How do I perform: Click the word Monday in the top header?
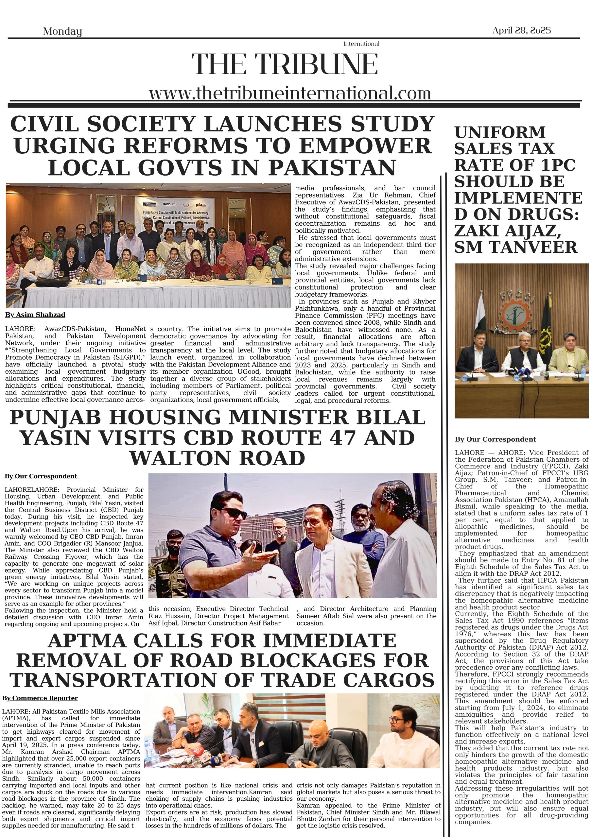[x=62, y=31]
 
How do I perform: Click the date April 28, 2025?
[x=521, y=31]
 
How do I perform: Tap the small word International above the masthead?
[x=361, y=44]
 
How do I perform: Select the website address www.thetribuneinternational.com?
[x=290, y=93]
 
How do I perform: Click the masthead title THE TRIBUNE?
[x=285, y=64]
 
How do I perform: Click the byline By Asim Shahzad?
[x=35, y=315]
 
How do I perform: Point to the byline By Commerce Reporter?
[x=40, y=698]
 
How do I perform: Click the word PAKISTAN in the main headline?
[x=332, y=168]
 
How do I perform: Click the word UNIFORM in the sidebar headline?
[x=500, y=132]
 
